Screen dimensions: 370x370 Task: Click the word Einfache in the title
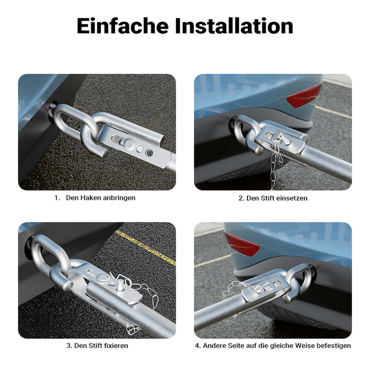(123, 26)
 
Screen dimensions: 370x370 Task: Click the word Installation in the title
(234, 26)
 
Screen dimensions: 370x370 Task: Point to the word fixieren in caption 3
(115, 346)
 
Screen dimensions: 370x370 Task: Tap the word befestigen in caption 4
(334, 346)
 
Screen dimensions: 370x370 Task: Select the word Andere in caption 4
(215, 346)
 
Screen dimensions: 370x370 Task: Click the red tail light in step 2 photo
(304, 96)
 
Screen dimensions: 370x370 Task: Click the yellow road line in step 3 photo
(145, 248)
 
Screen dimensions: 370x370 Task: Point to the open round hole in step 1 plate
(150, 153)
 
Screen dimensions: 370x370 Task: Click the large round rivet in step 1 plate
(129, 143)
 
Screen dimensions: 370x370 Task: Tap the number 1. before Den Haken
(57, 198)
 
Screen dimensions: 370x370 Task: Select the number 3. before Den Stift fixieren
(69, 346)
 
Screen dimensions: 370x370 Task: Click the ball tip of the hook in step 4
(286, 299)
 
